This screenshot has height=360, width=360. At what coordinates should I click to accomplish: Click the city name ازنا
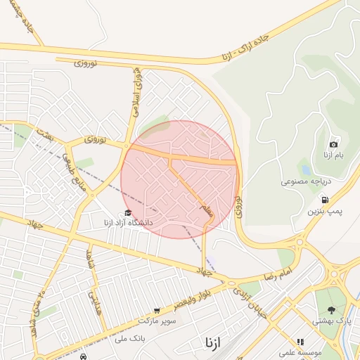[x=212, y=342]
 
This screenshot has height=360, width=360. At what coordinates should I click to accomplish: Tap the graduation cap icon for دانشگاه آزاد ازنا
[x=127, y=213]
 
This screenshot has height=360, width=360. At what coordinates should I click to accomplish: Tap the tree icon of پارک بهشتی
[x=331, y=309]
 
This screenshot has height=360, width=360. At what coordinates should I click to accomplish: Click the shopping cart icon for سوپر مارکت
[x=157, y=310]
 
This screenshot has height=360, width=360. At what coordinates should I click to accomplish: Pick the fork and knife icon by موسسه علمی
[x=300, y=342]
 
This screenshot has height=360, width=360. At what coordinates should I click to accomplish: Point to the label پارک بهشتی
[x=336, y=321]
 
